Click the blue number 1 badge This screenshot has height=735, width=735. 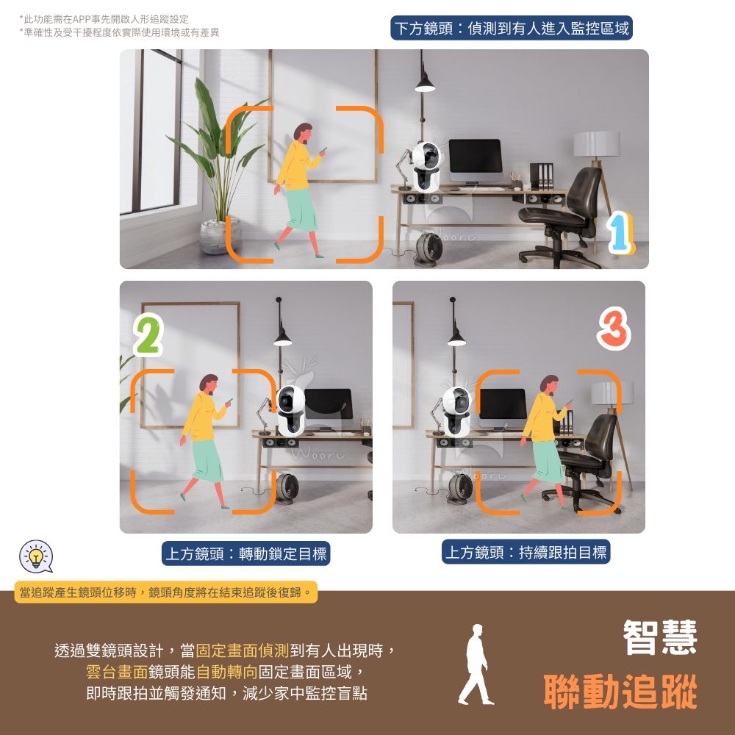point(620,232)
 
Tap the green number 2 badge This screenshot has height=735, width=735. point(148,334)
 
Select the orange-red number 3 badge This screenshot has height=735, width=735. point(614,329)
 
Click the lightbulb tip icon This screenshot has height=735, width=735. point(36,556)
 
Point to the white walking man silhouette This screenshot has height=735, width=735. point(476,664)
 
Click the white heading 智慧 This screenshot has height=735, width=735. point(660,637)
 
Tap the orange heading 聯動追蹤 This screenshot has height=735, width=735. point(620,692)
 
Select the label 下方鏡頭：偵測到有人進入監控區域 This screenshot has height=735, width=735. point(512,28)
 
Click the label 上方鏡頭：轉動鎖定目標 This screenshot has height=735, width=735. point(245,553)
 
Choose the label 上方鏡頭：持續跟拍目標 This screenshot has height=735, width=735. point(526,552)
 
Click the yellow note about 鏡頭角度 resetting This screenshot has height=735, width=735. point(166,592)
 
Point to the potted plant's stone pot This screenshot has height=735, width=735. point(219,236)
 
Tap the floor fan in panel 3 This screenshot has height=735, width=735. point(460,489)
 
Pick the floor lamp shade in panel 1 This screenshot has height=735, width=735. point(597,144)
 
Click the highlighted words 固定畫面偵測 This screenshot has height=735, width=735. point(242,650)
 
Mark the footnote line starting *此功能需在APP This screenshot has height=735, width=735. point(104,19)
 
